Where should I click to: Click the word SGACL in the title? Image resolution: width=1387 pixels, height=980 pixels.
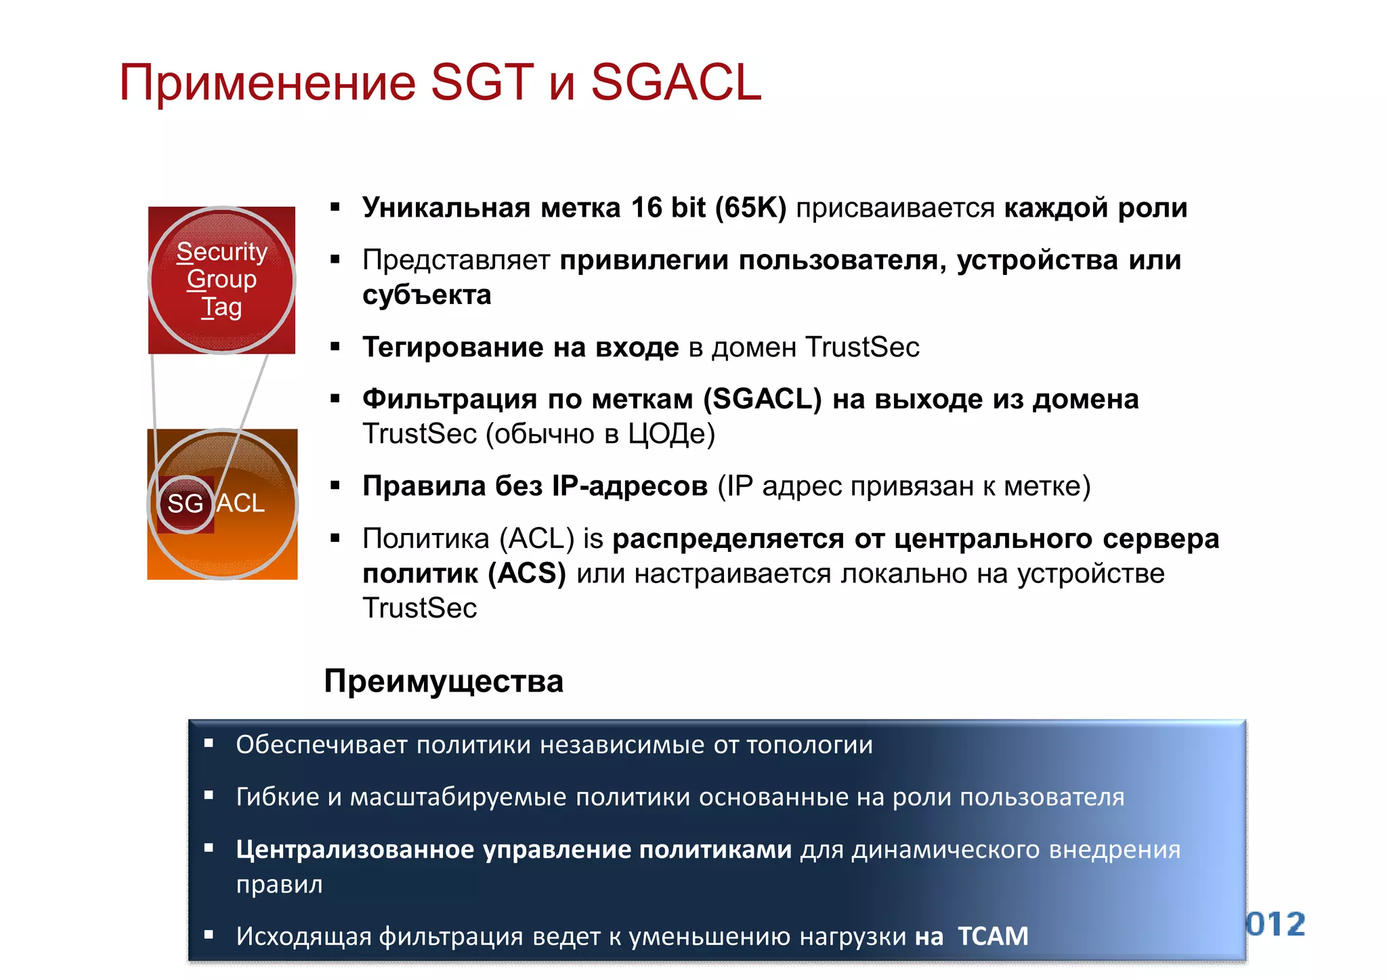click(676, 83)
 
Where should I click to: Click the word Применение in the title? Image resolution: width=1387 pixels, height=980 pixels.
click(267, 83)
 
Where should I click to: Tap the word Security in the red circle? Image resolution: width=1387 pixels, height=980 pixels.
click(221, 251)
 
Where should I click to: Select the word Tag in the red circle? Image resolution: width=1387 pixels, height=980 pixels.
click(221, 307)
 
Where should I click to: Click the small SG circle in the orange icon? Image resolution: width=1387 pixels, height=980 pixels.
click(185, 503)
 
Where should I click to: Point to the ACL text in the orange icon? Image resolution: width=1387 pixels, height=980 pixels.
click(240, 503)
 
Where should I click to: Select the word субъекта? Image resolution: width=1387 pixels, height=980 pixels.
click(427, 295)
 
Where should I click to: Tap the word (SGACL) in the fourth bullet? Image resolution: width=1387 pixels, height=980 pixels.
click(762, 400)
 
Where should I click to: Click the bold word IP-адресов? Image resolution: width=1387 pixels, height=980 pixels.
click(629, 486)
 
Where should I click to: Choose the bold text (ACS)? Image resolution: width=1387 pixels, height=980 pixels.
click(527, 574)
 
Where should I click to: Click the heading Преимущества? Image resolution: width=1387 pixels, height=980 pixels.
click(444, 681)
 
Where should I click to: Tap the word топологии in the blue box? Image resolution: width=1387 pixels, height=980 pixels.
click(809, 745)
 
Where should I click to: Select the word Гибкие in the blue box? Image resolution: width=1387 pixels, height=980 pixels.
click(277, 797)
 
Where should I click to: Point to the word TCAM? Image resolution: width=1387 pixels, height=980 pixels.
click(993, 937)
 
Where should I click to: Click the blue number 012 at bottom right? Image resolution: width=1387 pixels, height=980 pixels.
click(1276, 924)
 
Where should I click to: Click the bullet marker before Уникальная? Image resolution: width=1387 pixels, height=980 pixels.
click(335, 207)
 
